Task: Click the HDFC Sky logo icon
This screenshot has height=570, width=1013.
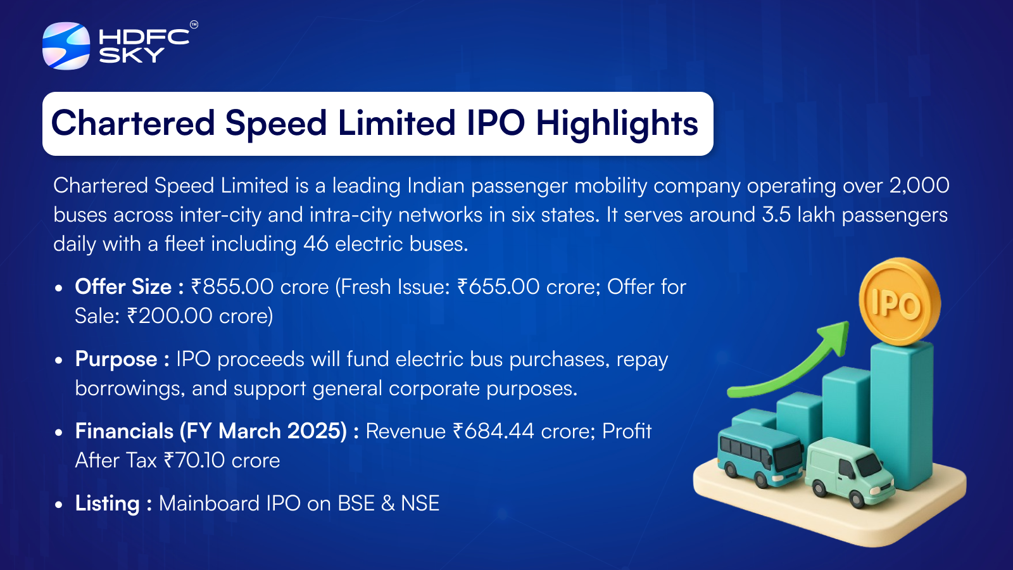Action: coord(66,46)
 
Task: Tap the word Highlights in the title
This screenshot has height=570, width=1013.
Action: coord(617,124)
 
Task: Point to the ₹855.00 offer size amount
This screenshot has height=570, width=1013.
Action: coord(232,287)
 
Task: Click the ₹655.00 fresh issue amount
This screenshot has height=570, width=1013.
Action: coord(498,287)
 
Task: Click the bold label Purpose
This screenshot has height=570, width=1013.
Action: coord(116,360)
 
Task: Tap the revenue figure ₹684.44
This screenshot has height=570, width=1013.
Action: coord(493,431)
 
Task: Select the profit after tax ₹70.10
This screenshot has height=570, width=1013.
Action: coord(194,460)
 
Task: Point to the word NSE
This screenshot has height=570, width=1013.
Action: coord(420,503)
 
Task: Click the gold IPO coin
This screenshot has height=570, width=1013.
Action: coord(898,301)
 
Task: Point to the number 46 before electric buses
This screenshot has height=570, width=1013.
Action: coord(316,244)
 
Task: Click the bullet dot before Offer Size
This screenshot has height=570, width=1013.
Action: coord(58,288)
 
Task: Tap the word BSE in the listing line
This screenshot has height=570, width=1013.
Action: coord(356,503)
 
